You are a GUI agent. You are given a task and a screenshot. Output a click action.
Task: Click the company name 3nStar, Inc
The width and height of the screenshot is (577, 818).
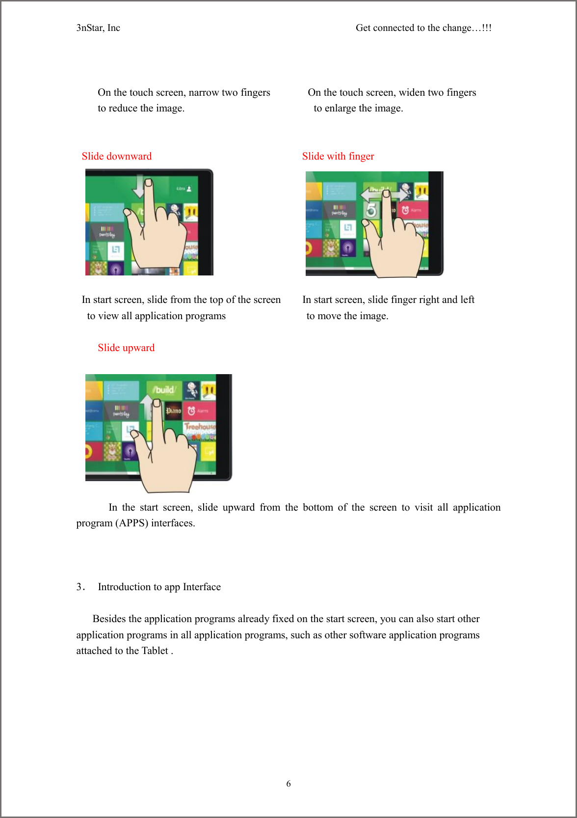(x=98, y=28)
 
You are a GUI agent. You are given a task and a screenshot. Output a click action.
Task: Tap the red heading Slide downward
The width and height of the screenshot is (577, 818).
(x=117, y=156)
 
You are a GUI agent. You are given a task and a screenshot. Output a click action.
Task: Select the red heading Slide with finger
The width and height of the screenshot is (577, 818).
(x=338, y=156)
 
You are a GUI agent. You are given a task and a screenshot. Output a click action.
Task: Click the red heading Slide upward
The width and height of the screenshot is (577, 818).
(x=126, y=348)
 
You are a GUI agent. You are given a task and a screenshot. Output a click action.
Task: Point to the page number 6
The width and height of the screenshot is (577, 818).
(x=288, y=784)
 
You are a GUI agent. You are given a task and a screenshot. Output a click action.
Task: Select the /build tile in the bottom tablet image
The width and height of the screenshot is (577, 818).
(x=164, y=390)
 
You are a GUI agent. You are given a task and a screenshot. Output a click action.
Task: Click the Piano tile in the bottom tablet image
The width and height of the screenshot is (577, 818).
(x=173, y=410)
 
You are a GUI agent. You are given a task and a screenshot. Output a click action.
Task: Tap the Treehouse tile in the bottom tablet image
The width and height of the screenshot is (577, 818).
(x=200, y=427)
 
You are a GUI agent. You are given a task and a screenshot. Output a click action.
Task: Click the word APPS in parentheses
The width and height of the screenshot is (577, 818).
(x=132, y=523)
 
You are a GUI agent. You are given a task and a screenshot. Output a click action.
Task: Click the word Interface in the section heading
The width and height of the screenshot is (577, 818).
(x=202, y=587)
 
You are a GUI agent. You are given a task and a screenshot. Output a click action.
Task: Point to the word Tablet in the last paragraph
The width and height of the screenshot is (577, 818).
(x=155, y=651)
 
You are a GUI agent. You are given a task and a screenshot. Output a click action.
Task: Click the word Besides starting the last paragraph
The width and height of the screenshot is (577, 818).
(x=109, y=619)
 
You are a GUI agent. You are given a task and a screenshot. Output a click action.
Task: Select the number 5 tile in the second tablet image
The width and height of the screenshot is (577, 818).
(x=371, y=210)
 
